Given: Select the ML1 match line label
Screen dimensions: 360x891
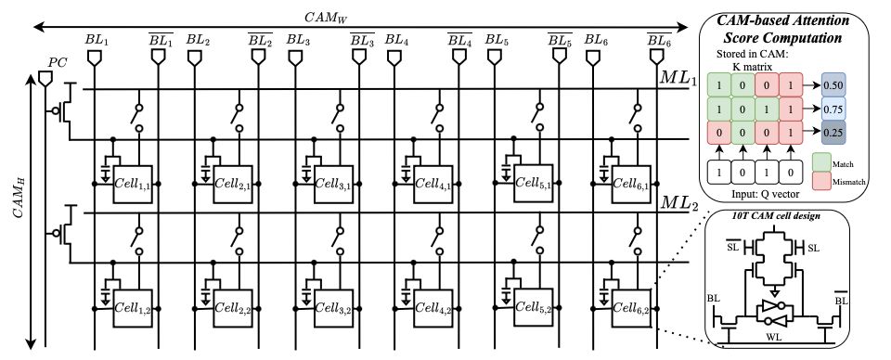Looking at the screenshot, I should click(678, 80).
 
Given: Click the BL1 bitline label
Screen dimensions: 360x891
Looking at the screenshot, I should click(96, 41).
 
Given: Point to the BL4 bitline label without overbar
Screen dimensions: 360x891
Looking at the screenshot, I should click(396, 41).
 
